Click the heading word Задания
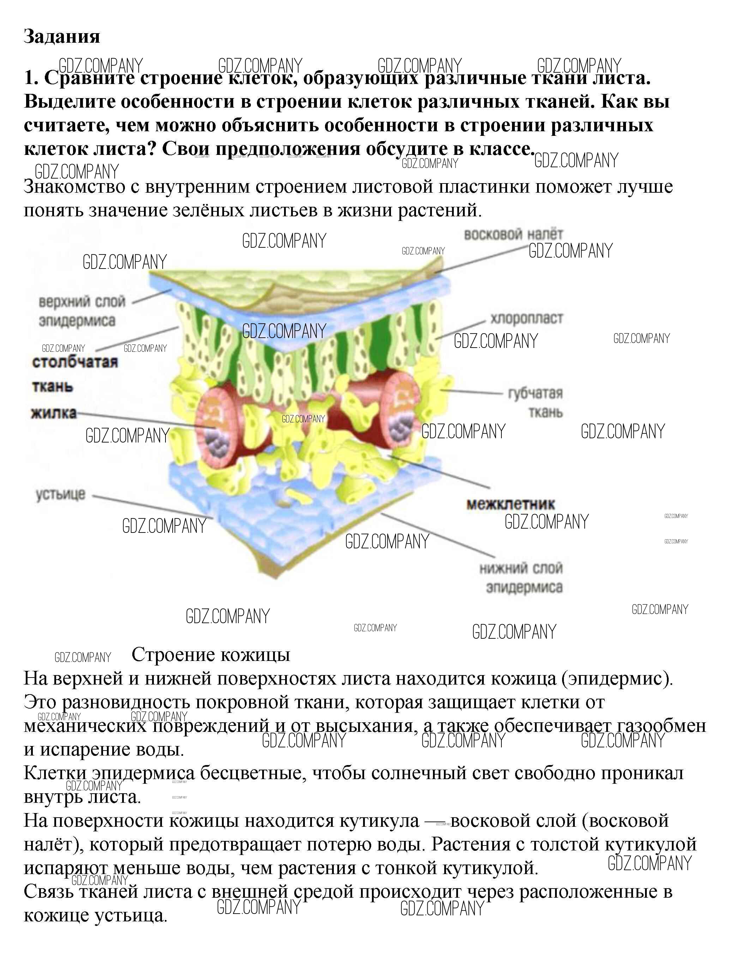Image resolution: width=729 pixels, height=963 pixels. coord(62,37)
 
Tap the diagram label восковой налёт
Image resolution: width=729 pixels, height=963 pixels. coord(513,235)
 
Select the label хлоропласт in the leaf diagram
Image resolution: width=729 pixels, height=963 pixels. coord(526,318)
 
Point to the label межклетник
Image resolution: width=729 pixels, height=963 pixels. coord(511,504)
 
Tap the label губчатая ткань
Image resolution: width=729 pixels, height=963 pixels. coord(535,402)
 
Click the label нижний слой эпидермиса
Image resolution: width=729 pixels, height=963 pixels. coord(521,578)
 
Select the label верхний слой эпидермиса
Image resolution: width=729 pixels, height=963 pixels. coord(78,311)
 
